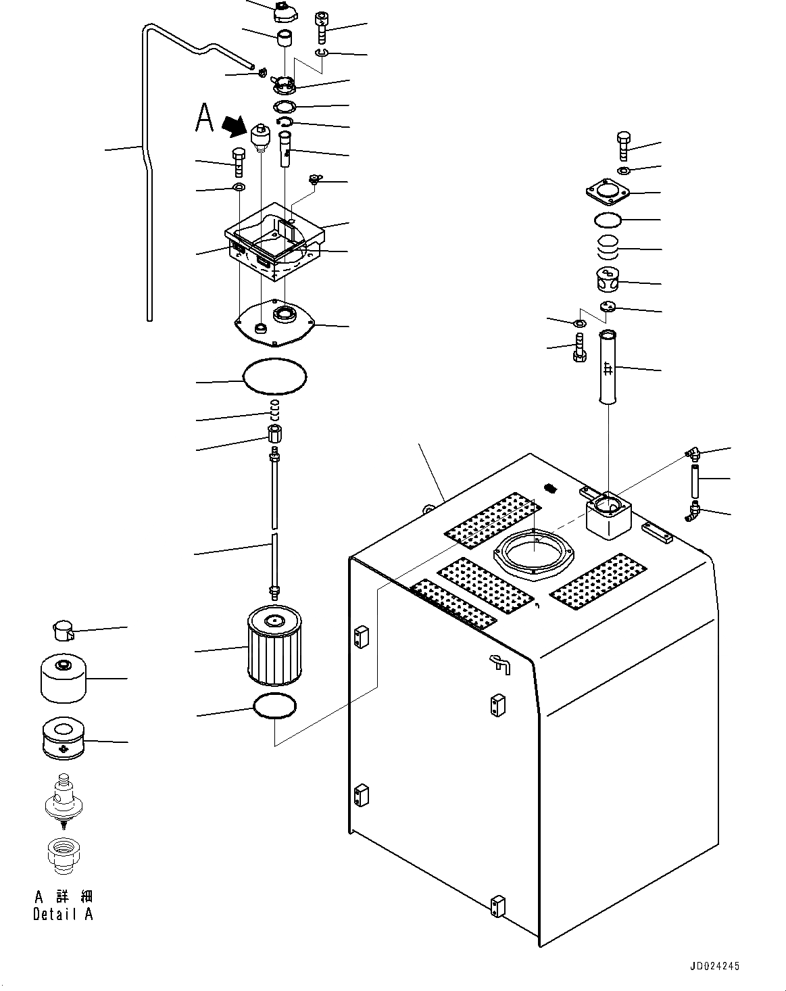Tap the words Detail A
point(63,914)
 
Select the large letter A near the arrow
point(204,118)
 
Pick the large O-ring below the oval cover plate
point(274,375)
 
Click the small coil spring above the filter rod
point(274,408)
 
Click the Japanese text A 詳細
point(64,897)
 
